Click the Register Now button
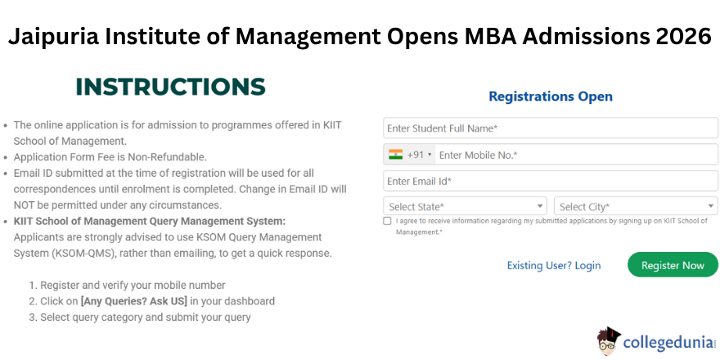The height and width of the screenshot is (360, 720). [673, 265]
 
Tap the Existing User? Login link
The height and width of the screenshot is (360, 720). [554, 265]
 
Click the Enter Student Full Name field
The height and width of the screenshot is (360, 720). [551, 128]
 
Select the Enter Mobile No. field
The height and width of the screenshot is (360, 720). [576, 155]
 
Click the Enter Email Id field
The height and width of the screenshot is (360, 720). [551, 182]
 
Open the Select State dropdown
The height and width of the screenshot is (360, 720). [466, 206]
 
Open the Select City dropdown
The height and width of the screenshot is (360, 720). [636, 206]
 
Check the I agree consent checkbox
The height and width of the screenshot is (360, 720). [387, 221]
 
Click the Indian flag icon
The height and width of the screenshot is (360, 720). [395, 155]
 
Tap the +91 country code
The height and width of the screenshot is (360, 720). [415, 155]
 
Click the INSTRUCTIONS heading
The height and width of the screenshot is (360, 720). [171, 87]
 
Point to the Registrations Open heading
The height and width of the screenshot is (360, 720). [551, 97]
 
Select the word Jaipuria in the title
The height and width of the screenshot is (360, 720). [53, 37]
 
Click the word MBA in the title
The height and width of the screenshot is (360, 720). [487, 36]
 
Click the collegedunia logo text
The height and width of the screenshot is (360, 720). [669, 343]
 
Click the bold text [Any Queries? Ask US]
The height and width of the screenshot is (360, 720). [134, 301]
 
